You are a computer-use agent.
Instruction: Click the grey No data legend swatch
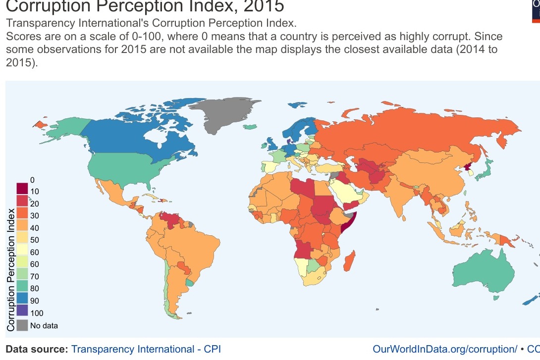22,325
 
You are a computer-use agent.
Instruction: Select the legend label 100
37,313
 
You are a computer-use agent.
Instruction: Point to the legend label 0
32,180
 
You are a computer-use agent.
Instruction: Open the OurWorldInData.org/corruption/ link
444,349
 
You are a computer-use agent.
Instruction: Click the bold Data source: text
37,349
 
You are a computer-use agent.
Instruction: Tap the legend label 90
35,301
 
